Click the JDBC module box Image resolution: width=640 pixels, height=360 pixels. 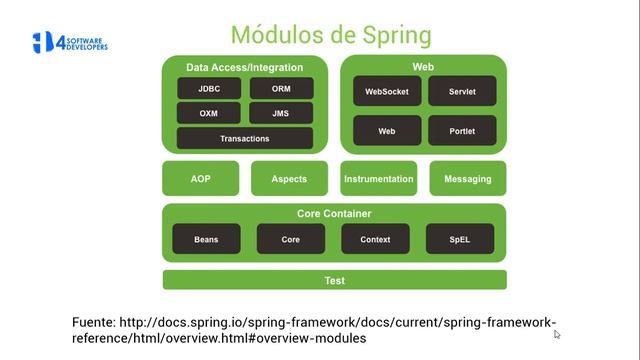[x=208, y=88]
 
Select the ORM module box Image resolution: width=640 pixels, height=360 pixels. [x=280, y=88]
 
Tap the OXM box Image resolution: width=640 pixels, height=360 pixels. [x=208, y=113]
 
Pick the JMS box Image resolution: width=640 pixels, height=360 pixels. [x=280, y=113]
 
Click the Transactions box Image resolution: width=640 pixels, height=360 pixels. [x=244, y=138]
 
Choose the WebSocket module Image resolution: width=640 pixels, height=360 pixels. [x=386, y=91]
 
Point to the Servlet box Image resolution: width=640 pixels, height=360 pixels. [x=462, y=91]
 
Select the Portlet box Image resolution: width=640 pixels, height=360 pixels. [x=462, y=131]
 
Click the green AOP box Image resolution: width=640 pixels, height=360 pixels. [x=200, y=179]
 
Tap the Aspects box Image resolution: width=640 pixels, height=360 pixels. [x=289, y=179]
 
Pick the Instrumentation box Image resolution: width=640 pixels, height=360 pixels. [x=378, y=179]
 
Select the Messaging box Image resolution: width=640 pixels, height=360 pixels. [x=467, y=179]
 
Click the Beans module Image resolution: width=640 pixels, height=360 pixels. [x=206, y=239]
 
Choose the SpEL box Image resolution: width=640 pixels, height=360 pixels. [x=459, y=239]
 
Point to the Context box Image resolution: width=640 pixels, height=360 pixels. [x=375, y=239]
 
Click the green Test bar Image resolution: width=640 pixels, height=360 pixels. [x=334, y=280]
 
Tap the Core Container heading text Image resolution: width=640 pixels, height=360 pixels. [x=334, y=214]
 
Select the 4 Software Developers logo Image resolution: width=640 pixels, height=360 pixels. [x=70, y=43]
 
